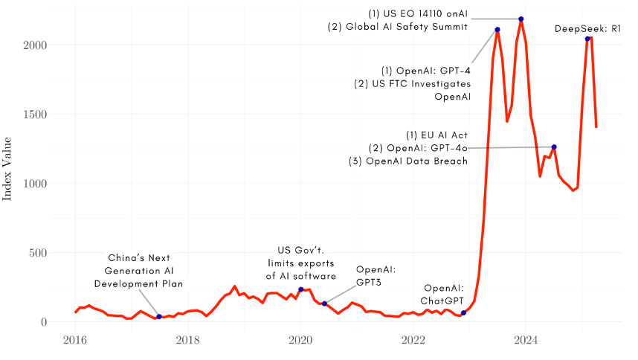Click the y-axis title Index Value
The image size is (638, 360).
coord(8,168)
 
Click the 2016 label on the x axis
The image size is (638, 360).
coord(74,341)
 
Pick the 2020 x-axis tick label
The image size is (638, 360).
coord(300,341)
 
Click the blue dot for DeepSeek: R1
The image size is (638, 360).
coord(587,39)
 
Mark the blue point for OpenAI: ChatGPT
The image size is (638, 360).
coord(463,313)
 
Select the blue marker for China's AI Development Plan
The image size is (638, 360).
coord(159,317)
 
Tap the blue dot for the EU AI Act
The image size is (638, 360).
coord(554,147)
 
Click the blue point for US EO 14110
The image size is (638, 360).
coord(521,19)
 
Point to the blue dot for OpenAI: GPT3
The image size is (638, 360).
coord(324,303)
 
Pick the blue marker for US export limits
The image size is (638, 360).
coord(300,289)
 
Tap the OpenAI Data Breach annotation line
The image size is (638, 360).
coord(408,161)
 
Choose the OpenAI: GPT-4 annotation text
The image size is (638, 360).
coord(425,70)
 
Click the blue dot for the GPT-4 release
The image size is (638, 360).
coord(497,30)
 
